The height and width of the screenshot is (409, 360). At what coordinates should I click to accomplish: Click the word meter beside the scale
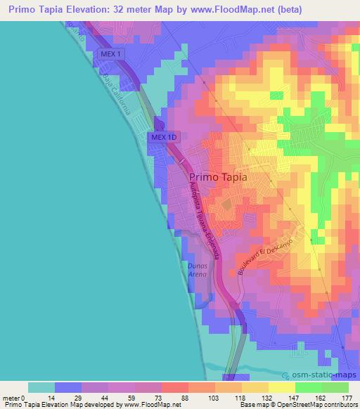(x=11, y=397)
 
